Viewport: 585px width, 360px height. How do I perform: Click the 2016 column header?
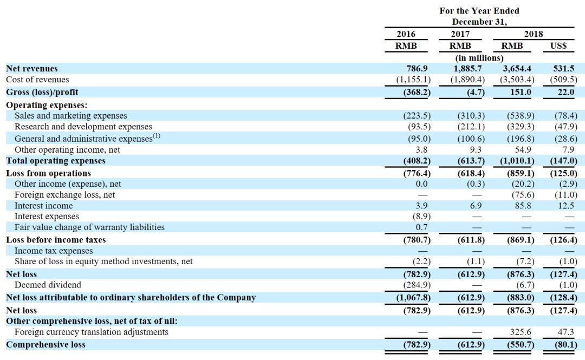pos(406,34)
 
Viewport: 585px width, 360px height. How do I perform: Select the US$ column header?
pos(558,46)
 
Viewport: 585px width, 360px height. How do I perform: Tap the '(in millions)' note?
pos(479,58)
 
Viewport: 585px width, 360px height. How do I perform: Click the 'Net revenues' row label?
pos(32,69)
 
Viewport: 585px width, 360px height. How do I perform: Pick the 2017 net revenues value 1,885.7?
pos(467,69)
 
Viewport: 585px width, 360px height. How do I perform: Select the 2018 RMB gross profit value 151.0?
pos(521,92)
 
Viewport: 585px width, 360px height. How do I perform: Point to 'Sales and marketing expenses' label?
pos(71,116)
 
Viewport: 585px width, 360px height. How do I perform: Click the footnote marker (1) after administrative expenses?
pos(157,136)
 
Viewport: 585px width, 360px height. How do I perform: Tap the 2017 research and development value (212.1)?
pos(471,127)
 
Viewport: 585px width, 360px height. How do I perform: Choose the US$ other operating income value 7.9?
pos(568,150)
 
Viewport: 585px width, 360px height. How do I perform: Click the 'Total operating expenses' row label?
pos(56,161)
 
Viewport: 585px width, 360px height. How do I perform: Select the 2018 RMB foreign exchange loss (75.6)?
pos(523,195)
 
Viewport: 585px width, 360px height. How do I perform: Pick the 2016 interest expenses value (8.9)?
pos(421,217)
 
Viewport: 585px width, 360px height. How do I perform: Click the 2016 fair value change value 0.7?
pos(421,227)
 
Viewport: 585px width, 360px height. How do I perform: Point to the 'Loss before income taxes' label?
pos(56,240)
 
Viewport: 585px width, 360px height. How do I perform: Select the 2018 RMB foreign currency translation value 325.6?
pos(521,332)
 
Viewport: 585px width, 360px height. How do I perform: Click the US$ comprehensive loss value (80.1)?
pos(566,345)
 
